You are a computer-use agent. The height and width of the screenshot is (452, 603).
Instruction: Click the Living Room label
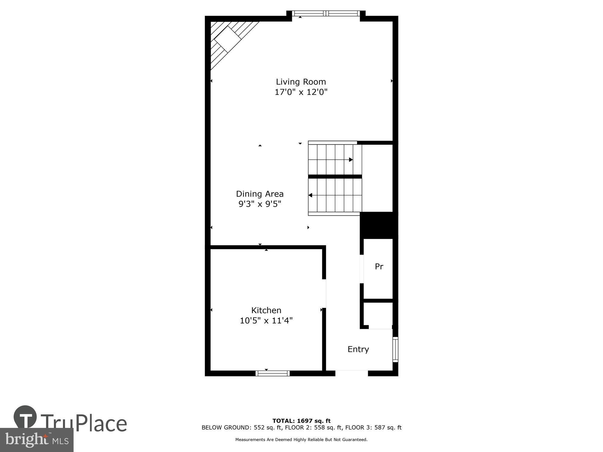pyautogui.click(x=301, y=82)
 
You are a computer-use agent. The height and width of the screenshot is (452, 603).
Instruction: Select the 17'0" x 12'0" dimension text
pyautogui.click(x=301, y=92)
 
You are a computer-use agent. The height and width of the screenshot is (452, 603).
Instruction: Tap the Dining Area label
pyautogui.click(x=260, y=194)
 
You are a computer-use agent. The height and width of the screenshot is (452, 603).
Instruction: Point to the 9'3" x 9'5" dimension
pyautogui.click(x=260, y=204)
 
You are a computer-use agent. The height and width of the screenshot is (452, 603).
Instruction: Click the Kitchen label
pyautogui.click(x=266, y=310)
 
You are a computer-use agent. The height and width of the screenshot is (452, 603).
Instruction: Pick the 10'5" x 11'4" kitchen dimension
pyautogui.click(x=266, y=320)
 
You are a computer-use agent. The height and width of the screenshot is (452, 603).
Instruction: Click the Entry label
pyautogui.click(x=358, y=349)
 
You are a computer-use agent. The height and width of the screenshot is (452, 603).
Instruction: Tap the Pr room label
pyautogui.click(x=379, y=266)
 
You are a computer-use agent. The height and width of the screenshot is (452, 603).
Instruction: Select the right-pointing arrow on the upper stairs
pyautogui.click(x=351, y=160)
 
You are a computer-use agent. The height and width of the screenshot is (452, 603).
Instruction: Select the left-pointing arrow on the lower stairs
pyautogui.click(x=310, y=195)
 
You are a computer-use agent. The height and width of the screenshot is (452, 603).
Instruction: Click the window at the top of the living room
pyautogui.click(x=326, y=13)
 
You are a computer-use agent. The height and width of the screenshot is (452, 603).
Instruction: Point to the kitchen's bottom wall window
pyautogui.click(x=273, y=373)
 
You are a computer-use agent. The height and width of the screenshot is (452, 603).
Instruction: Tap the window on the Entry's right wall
pyautogui.click(x=395, y=350)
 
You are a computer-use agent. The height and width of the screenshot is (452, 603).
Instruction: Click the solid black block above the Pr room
pyautogui.click(x=379, y=225)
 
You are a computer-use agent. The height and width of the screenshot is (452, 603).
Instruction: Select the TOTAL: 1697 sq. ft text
pyautogui.click(x=301, y=421)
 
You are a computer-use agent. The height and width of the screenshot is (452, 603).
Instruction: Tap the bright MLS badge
pyautogui.click(x=36, y=440)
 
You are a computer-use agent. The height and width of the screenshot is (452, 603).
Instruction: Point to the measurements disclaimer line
pyautogui.click(x=301, y=440)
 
